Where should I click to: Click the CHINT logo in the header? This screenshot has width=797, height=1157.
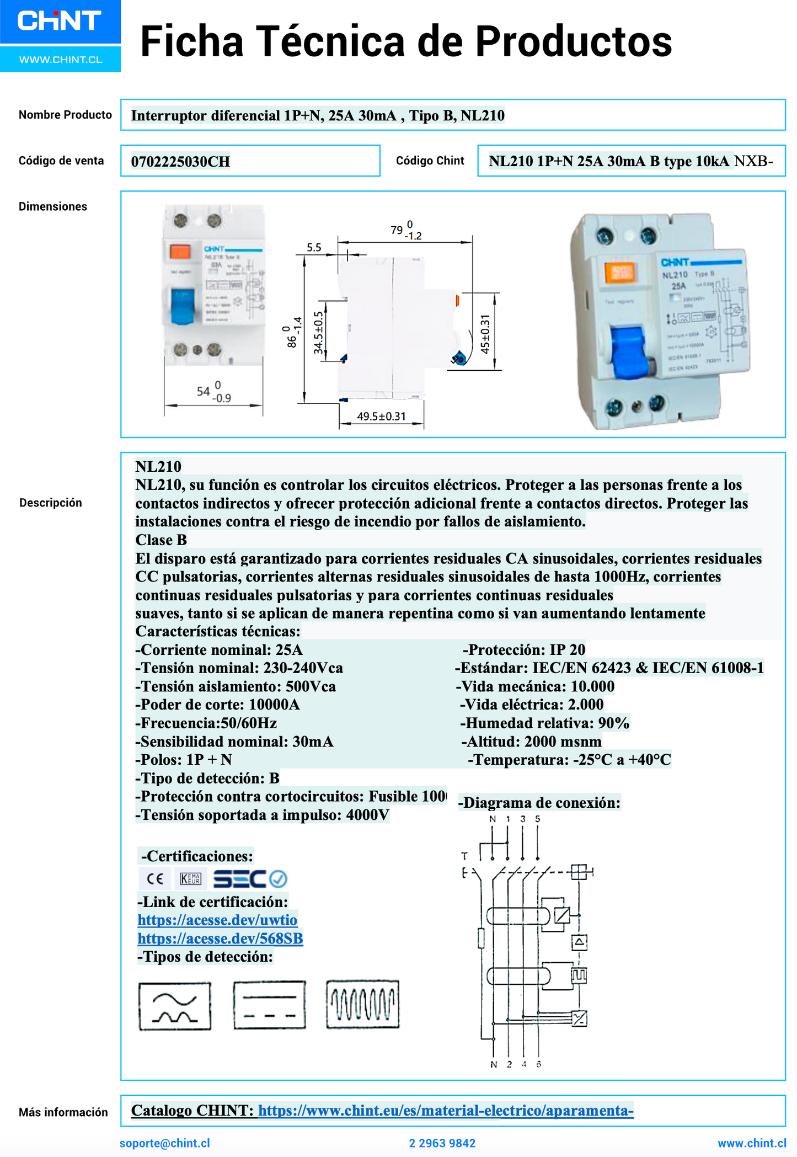click(x=60, y=22)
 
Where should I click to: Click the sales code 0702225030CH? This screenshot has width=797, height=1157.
click(x=180, y=162)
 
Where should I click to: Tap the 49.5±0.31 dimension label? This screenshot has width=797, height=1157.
click(x=381, y=417)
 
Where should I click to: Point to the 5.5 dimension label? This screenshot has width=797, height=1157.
click(x=314, y=248)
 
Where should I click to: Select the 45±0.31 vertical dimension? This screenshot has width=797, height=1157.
click(x=485, y=334)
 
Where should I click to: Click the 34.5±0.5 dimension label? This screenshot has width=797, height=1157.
click(x=319, y=332)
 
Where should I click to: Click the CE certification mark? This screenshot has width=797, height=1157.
click(x=156, y=878)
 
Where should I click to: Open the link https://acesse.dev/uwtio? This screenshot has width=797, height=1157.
click(x=217, y=920)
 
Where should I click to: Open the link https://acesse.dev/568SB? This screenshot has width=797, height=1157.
click(x=220, y=938)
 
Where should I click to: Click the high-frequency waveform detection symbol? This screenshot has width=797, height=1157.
click(x=362, y=1004)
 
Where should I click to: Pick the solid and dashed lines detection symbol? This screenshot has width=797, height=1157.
click(x=269, y=1005)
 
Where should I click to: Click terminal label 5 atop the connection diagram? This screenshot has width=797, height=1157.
click(x=537, y=819)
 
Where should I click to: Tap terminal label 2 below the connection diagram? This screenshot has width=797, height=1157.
click(x=509, y=1064)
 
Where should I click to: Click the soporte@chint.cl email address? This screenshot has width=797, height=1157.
click(x=164, y=1143)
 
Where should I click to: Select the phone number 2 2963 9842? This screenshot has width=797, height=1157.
click(x=442, y=1143)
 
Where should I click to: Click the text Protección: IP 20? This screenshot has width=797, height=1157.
click(x=524, y=649)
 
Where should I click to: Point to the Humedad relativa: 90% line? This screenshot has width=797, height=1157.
click(x=544, y=723)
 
